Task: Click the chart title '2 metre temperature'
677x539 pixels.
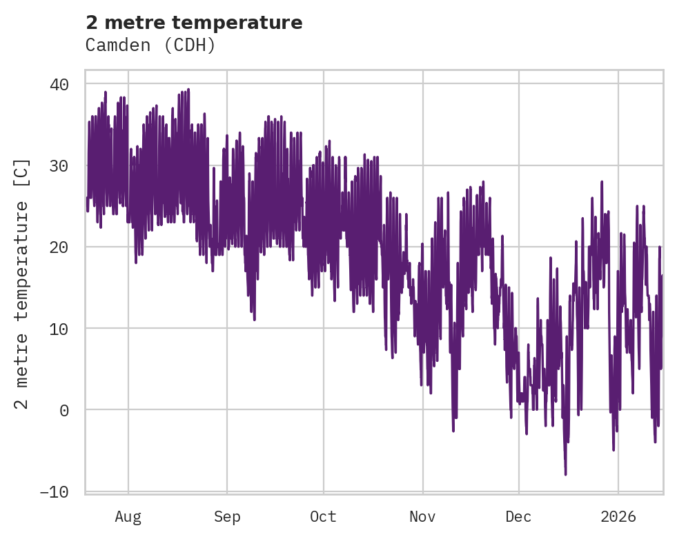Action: coord(194,23)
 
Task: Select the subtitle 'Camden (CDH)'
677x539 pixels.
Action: coord(150,45)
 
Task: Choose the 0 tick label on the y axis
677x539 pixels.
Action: coord(64,410)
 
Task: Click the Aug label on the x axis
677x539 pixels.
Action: coord(128,517)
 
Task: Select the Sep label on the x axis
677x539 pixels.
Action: coord(226,517)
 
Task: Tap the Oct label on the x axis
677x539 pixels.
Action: coord(323,517)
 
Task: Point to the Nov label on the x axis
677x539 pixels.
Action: coord(422,517)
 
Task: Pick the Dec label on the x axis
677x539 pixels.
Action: coord(519,517)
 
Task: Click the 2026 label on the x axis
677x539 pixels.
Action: coord(618,517)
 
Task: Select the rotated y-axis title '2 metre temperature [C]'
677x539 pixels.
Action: coord(22,283)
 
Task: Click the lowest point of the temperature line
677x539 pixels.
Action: coord(566,475)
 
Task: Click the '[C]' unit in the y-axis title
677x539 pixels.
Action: coord(22,171)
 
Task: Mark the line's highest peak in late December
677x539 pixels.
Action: coord(602,181)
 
